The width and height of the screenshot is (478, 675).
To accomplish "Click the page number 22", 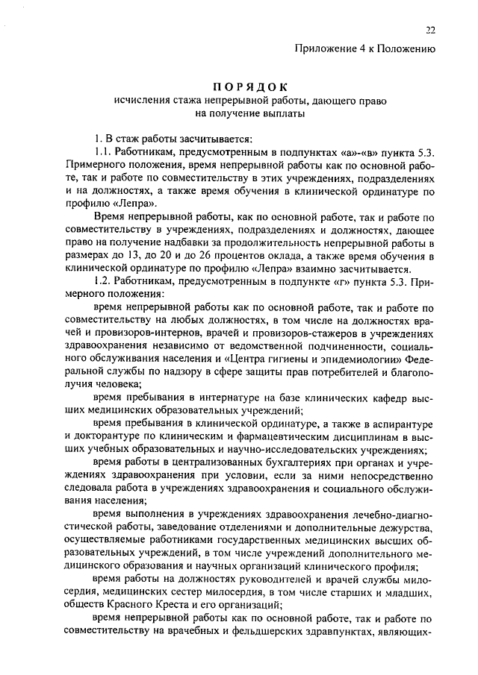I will coord(431,30).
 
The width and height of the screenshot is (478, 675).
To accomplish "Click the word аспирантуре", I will coord(400,425).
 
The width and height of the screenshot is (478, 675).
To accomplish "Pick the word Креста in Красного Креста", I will coord(184,606).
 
